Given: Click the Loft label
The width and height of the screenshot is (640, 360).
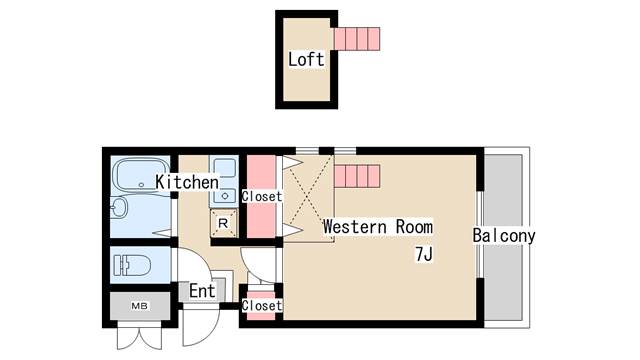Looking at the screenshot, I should (306, 59).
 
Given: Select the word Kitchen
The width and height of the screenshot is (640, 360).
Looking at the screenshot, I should (187, 182).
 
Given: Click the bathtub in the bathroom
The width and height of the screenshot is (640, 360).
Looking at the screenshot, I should (139, 177).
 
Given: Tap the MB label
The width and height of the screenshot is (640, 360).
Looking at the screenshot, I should (138, 305).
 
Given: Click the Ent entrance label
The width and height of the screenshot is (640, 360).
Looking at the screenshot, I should (203, 291).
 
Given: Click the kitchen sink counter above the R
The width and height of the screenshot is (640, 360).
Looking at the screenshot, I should (223, 180).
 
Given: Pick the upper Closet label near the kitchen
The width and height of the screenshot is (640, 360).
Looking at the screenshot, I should (262, 197).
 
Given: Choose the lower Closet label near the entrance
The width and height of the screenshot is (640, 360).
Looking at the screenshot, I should (262, 305).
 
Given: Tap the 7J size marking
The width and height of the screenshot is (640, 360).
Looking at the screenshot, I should (424, 254).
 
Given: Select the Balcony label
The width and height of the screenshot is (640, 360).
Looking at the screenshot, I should (504, 237).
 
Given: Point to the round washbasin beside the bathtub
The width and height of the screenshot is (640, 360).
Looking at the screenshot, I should (118, 209).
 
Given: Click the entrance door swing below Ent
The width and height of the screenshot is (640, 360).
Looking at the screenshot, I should (200, 322).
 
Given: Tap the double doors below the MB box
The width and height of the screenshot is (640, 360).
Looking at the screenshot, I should (138, 333).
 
